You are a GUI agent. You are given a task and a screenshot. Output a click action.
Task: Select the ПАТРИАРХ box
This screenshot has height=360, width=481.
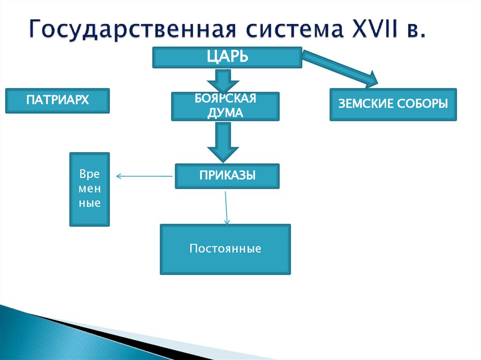57,100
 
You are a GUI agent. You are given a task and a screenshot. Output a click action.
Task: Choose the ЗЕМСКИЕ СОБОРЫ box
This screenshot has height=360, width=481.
393,104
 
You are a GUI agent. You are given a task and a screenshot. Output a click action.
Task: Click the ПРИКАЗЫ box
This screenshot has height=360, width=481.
227,176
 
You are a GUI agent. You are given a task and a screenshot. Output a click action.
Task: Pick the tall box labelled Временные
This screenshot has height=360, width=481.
90,189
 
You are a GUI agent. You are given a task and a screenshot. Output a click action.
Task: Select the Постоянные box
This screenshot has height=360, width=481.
225,249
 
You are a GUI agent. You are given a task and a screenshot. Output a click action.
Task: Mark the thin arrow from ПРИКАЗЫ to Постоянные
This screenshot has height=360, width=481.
226,207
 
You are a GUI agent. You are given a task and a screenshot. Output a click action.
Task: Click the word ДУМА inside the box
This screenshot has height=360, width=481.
225,113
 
